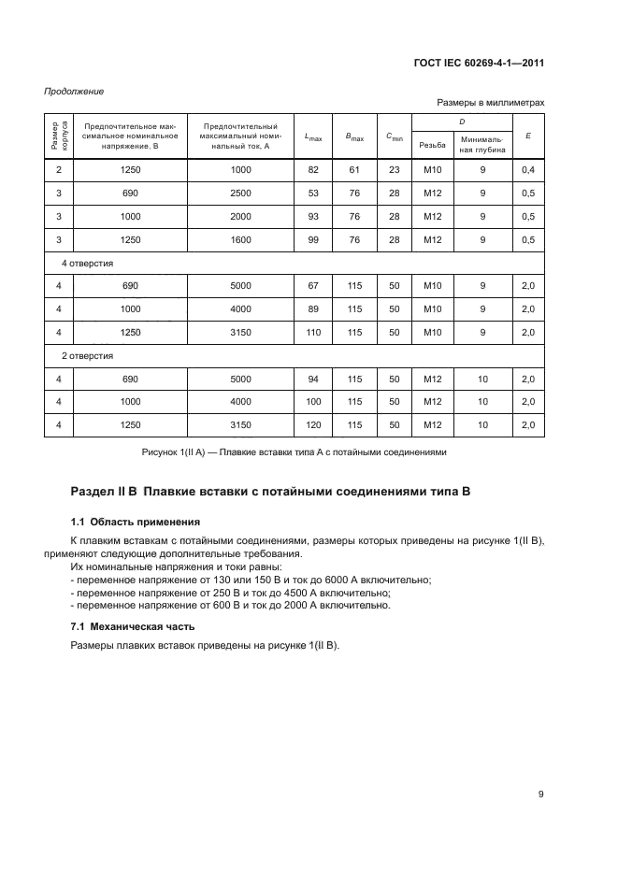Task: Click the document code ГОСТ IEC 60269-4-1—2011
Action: [x=479, y=64]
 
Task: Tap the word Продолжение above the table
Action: [x=74, y=92]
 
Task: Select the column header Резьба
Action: [x=432, y=145]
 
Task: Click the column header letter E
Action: [x=529, y=136]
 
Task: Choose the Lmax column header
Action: [x=313, y=136]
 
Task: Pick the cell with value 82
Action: [x=313, y=169]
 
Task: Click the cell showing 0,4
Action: [x=529, y=169]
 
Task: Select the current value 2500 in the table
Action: [x=242, y=193]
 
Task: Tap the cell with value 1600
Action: [x=242, y=239]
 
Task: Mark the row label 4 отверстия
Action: [x=88, y=264]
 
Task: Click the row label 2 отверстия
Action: [x=88, y=356]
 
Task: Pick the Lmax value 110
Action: [x=313, y=333]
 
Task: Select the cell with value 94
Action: [x=313, y=379]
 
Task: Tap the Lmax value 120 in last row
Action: [x=313, y=424]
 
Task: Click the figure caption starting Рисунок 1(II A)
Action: [x=294, y=452]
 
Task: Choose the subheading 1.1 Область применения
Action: [x=135, y=521]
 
